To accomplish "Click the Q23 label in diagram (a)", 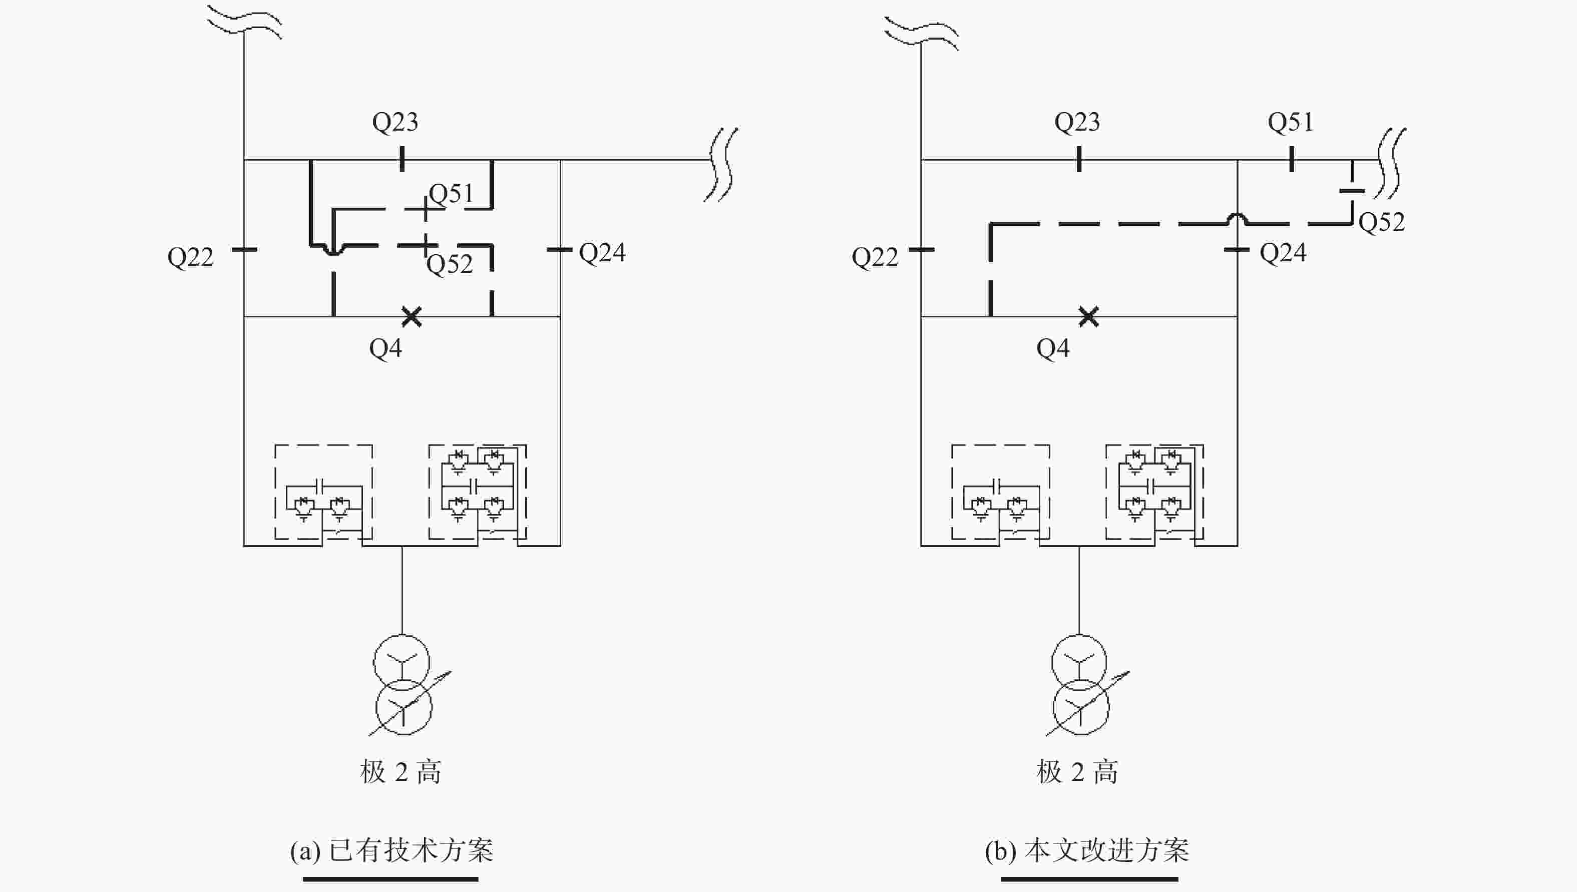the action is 395,123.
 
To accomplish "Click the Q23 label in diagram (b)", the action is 1077,123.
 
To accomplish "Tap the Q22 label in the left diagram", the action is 191,257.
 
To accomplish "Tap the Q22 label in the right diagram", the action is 875,257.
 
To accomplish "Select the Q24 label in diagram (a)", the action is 602,252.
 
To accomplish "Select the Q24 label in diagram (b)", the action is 1283,252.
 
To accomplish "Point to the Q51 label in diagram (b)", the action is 1291,123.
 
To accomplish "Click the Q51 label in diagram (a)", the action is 452,194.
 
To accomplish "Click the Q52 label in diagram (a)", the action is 450,264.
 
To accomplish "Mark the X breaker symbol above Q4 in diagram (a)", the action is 412,317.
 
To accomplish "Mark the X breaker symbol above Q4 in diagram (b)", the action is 1089,317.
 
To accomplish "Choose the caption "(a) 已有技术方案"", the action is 391,850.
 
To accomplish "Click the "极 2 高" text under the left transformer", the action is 401,772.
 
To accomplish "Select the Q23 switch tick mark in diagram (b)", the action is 1079,159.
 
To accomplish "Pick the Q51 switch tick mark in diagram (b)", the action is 1292,159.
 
